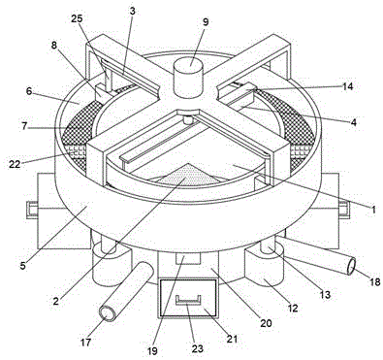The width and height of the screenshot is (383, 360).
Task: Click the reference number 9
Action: pos(206,22)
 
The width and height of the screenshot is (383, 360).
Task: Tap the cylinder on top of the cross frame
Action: pos(190,77)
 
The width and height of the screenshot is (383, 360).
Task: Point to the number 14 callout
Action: pos(348,86)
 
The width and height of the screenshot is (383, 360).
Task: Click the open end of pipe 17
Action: pos(108,313)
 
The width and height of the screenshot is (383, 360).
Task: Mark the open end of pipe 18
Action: pos(351,266)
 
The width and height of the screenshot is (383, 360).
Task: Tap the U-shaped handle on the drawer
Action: pos(188,300)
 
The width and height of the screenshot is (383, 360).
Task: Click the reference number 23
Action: pos(198,348)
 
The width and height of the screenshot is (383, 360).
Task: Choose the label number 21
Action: pos(232,339)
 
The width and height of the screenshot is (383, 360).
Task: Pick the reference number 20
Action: pos(266,322)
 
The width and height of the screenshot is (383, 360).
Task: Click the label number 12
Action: pos(292,308)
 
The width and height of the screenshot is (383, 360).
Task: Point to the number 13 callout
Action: pos(325,294)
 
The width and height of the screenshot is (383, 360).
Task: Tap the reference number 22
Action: pos(15,164)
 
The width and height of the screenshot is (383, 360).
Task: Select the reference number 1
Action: pos(373,210)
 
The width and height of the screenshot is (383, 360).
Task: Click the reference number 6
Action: pos(29,91)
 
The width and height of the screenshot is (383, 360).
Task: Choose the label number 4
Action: pos(354,122)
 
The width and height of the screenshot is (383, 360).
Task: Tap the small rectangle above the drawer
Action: pos(188,258)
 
